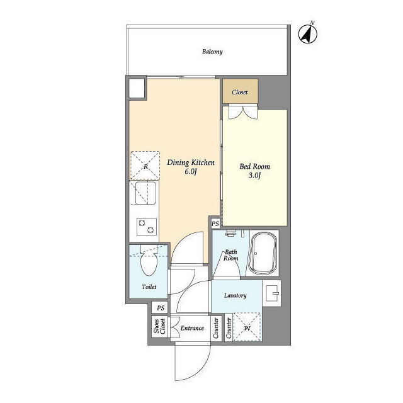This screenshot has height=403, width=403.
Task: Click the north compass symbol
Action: (308, 33)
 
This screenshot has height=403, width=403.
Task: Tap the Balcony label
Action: (212, 52)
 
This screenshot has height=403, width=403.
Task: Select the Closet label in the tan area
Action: (240, 92)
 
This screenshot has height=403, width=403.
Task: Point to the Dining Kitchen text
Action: (191, 162)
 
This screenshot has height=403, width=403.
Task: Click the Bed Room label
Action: (254, 166)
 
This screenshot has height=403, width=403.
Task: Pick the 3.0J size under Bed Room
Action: (254, 176)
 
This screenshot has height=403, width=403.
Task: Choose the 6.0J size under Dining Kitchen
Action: (191, 172)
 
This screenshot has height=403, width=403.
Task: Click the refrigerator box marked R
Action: (145, 166)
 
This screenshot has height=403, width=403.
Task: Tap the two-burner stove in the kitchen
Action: (147, 227)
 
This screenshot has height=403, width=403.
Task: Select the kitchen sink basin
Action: (145, 193)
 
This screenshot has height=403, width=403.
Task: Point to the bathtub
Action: (264, 253)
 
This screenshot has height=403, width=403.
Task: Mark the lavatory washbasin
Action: (272, 293)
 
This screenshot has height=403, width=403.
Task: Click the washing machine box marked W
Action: (247, 327)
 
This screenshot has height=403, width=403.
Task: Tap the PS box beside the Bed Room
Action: (215, 224)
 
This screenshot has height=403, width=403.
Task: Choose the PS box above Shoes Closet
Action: (161, 308)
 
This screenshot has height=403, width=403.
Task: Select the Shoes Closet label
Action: (159, 327)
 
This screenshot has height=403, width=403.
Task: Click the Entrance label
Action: (192, 328)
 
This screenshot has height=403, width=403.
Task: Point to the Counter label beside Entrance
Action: (215, 328)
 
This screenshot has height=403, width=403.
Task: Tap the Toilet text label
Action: (149, 287)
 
